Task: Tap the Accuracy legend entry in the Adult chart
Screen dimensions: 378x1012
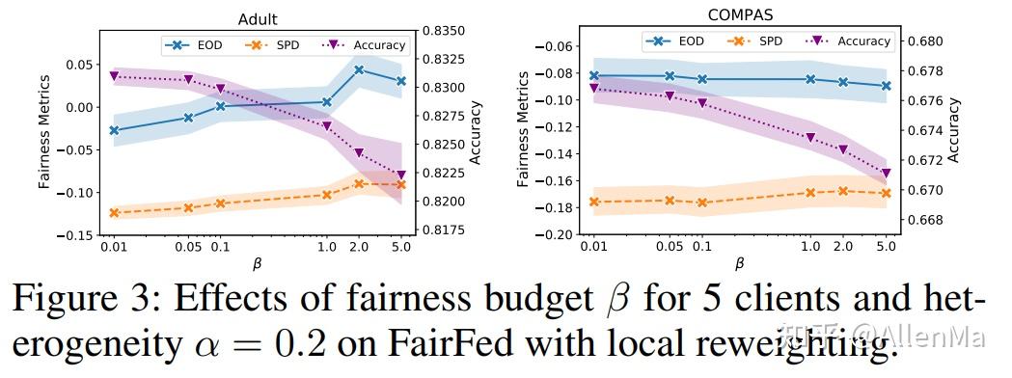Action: tap(366, 44)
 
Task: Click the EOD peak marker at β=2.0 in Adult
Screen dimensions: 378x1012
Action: tap(359, 69)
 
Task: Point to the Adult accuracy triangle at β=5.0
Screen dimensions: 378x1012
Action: tap(401, 175)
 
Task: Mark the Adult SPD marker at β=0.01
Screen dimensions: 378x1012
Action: tap(114, 213)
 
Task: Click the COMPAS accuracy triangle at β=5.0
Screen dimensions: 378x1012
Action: tap(886, 174)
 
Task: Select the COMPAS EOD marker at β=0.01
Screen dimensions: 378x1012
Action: tap(594, 75)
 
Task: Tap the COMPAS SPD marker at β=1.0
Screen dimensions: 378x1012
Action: tap(810, 193)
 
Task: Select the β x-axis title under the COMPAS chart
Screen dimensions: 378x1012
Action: tap(739, 263)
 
